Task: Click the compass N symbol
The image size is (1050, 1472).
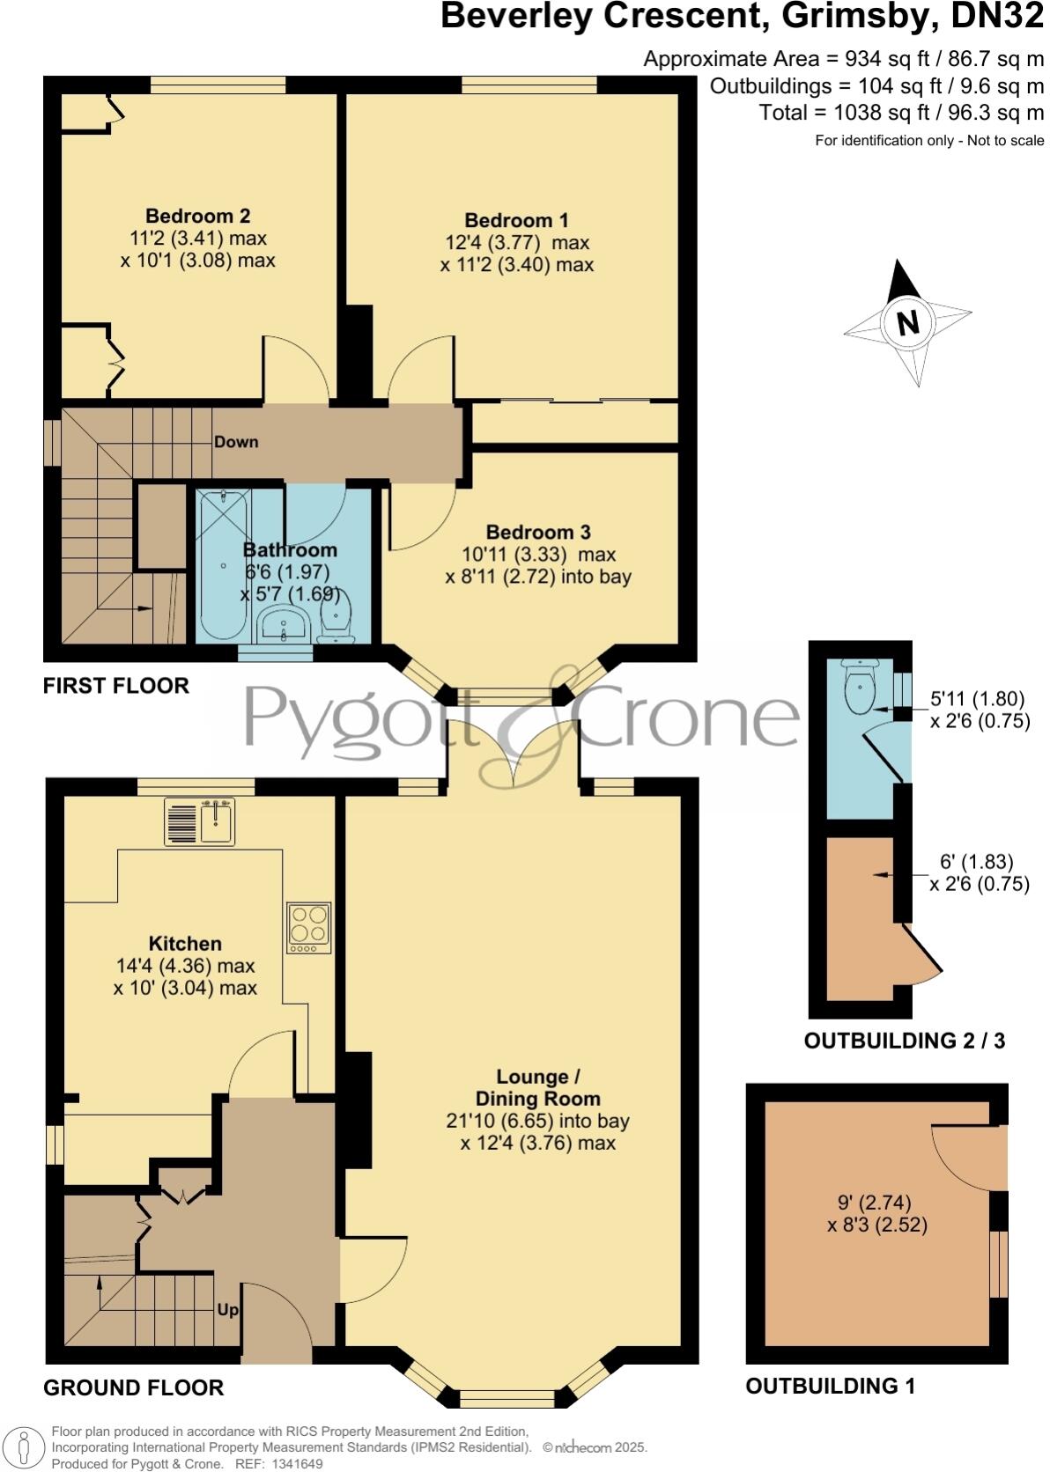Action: click(x=908, y=323)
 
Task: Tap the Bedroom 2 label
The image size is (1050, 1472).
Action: click(x=197, y=216)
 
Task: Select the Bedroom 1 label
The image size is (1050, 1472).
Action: click(x=516, y=220)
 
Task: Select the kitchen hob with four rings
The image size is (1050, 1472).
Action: click(x=309, y=927)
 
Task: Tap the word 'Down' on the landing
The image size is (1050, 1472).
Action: click(x=236, y=442)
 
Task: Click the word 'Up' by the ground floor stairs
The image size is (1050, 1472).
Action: click(x=227, y=1310)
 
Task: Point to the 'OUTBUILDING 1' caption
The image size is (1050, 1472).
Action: click(x=830, y=1387)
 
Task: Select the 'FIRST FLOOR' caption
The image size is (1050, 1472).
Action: click(x=115, y=686)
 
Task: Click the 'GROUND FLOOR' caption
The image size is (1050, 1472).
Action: click(x=133, y=1388)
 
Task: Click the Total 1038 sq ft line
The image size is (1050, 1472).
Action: click(x=901, y=113)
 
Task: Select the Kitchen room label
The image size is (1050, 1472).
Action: click(x=185, y=943)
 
